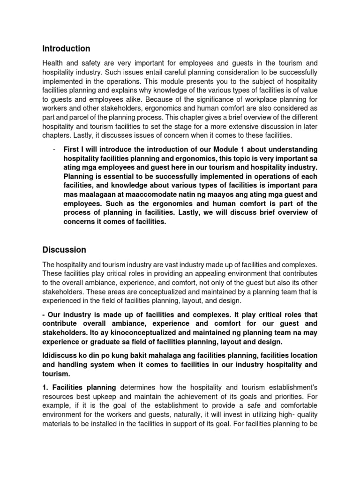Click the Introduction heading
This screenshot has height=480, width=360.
66,49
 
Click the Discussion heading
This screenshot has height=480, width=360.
64,249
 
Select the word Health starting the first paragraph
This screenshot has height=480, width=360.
53,63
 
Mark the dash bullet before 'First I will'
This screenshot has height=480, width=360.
55,149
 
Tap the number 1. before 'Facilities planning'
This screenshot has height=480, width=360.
45,387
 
